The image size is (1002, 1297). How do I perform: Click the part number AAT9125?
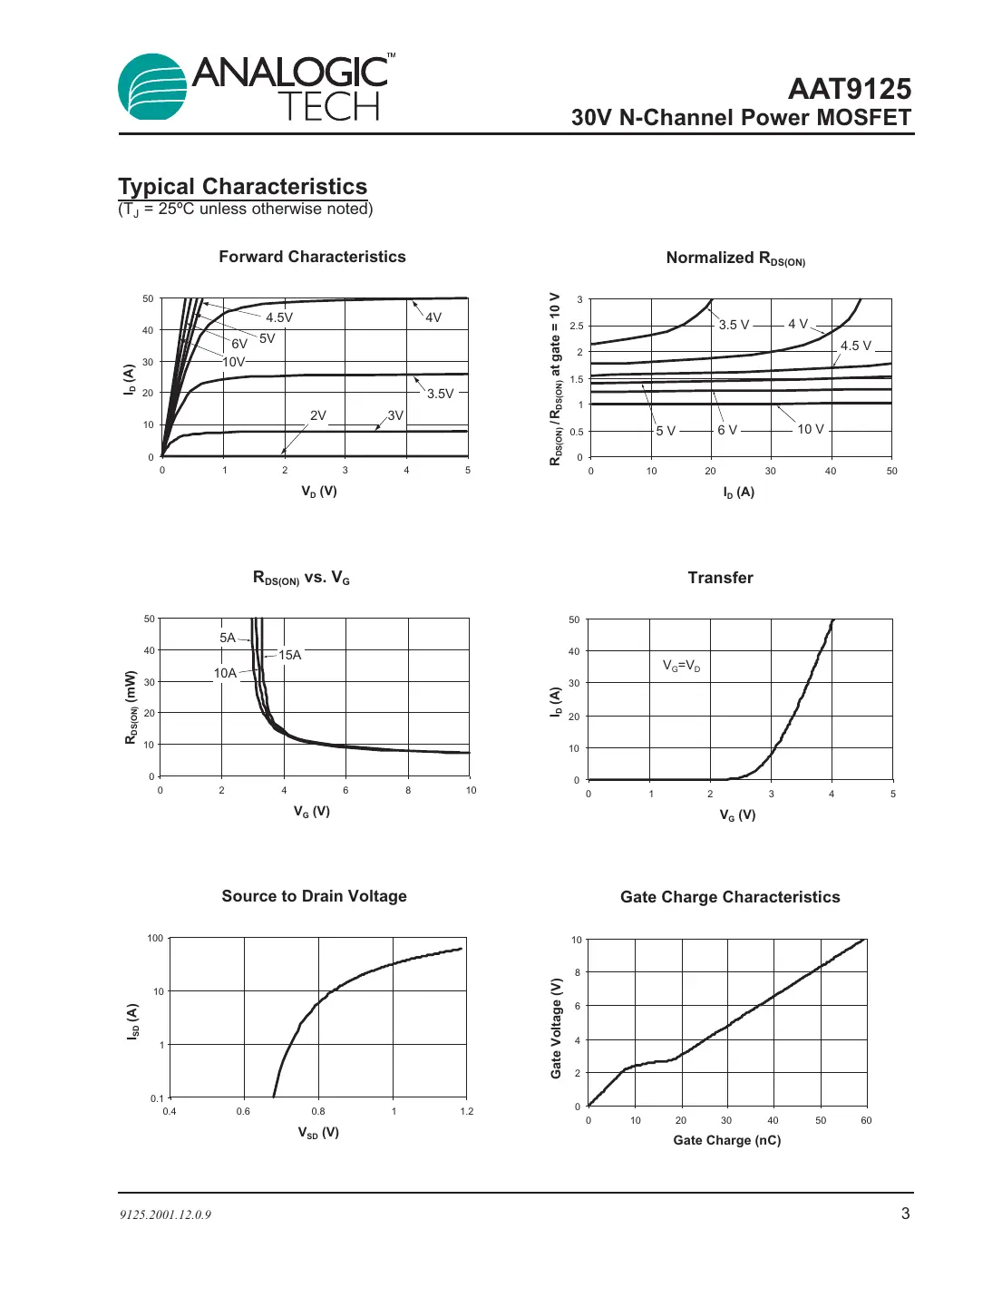click(x=849, y=89)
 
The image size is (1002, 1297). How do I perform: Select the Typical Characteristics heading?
click(x=242, y=187)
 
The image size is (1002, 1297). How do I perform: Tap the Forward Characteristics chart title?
click(x=312, y=257)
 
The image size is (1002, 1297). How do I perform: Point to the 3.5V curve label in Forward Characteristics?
click(x=440, y=394)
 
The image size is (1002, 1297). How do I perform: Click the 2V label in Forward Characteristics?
click(x=317, y=415)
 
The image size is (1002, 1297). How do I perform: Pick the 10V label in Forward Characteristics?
click(x=234, y=362)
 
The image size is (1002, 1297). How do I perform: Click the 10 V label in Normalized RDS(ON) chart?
click(x=810, y=429)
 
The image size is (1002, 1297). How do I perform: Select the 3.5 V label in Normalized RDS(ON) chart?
click(x=734, y=325)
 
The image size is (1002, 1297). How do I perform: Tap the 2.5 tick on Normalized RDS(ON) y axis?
click(x=577, y=326)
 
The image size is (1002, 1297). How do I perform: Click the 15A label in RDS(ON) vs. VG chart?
click(x=289, y=655)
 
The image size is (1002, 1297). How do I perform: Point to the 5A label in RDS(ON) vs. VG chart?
click(x=228, y=638)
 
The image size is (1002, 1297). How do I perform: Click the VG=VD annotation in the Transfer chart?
click(x=681, y=666)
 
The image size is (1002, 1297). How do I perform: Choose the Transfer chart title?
click(x=720, y=578)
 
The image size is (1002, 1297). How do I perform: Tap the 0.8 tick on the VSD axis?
click(x=318, y=1111)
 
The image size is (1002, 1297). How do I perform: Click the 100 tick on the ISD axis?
click(x=155, y=938)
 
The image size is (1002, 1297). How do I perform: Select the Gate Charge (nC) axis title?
click(x=726, y=1140)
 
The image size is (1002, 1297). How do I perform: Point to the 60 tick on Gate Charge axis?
click(x=866, y=1120)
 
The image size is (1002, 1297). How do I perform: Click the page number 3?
click(x=905, y=1214)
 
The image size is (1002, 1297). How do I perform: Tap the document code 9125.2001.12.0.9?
click(x=165, y=1214)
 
